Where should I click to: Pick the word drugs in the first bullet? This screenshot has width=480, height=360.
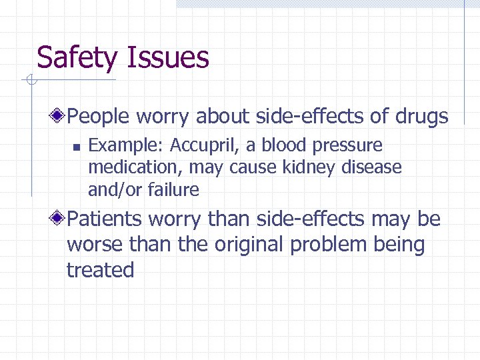click(x=421, y=117)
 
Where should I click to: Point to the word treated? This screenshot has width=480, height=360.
click(x=101, y=270)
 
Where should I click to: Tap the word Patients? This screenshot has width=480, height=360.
click(x=105, y=219)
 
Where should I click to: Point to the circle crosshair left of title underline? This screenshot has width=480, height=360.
click(x=30, y=81)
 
